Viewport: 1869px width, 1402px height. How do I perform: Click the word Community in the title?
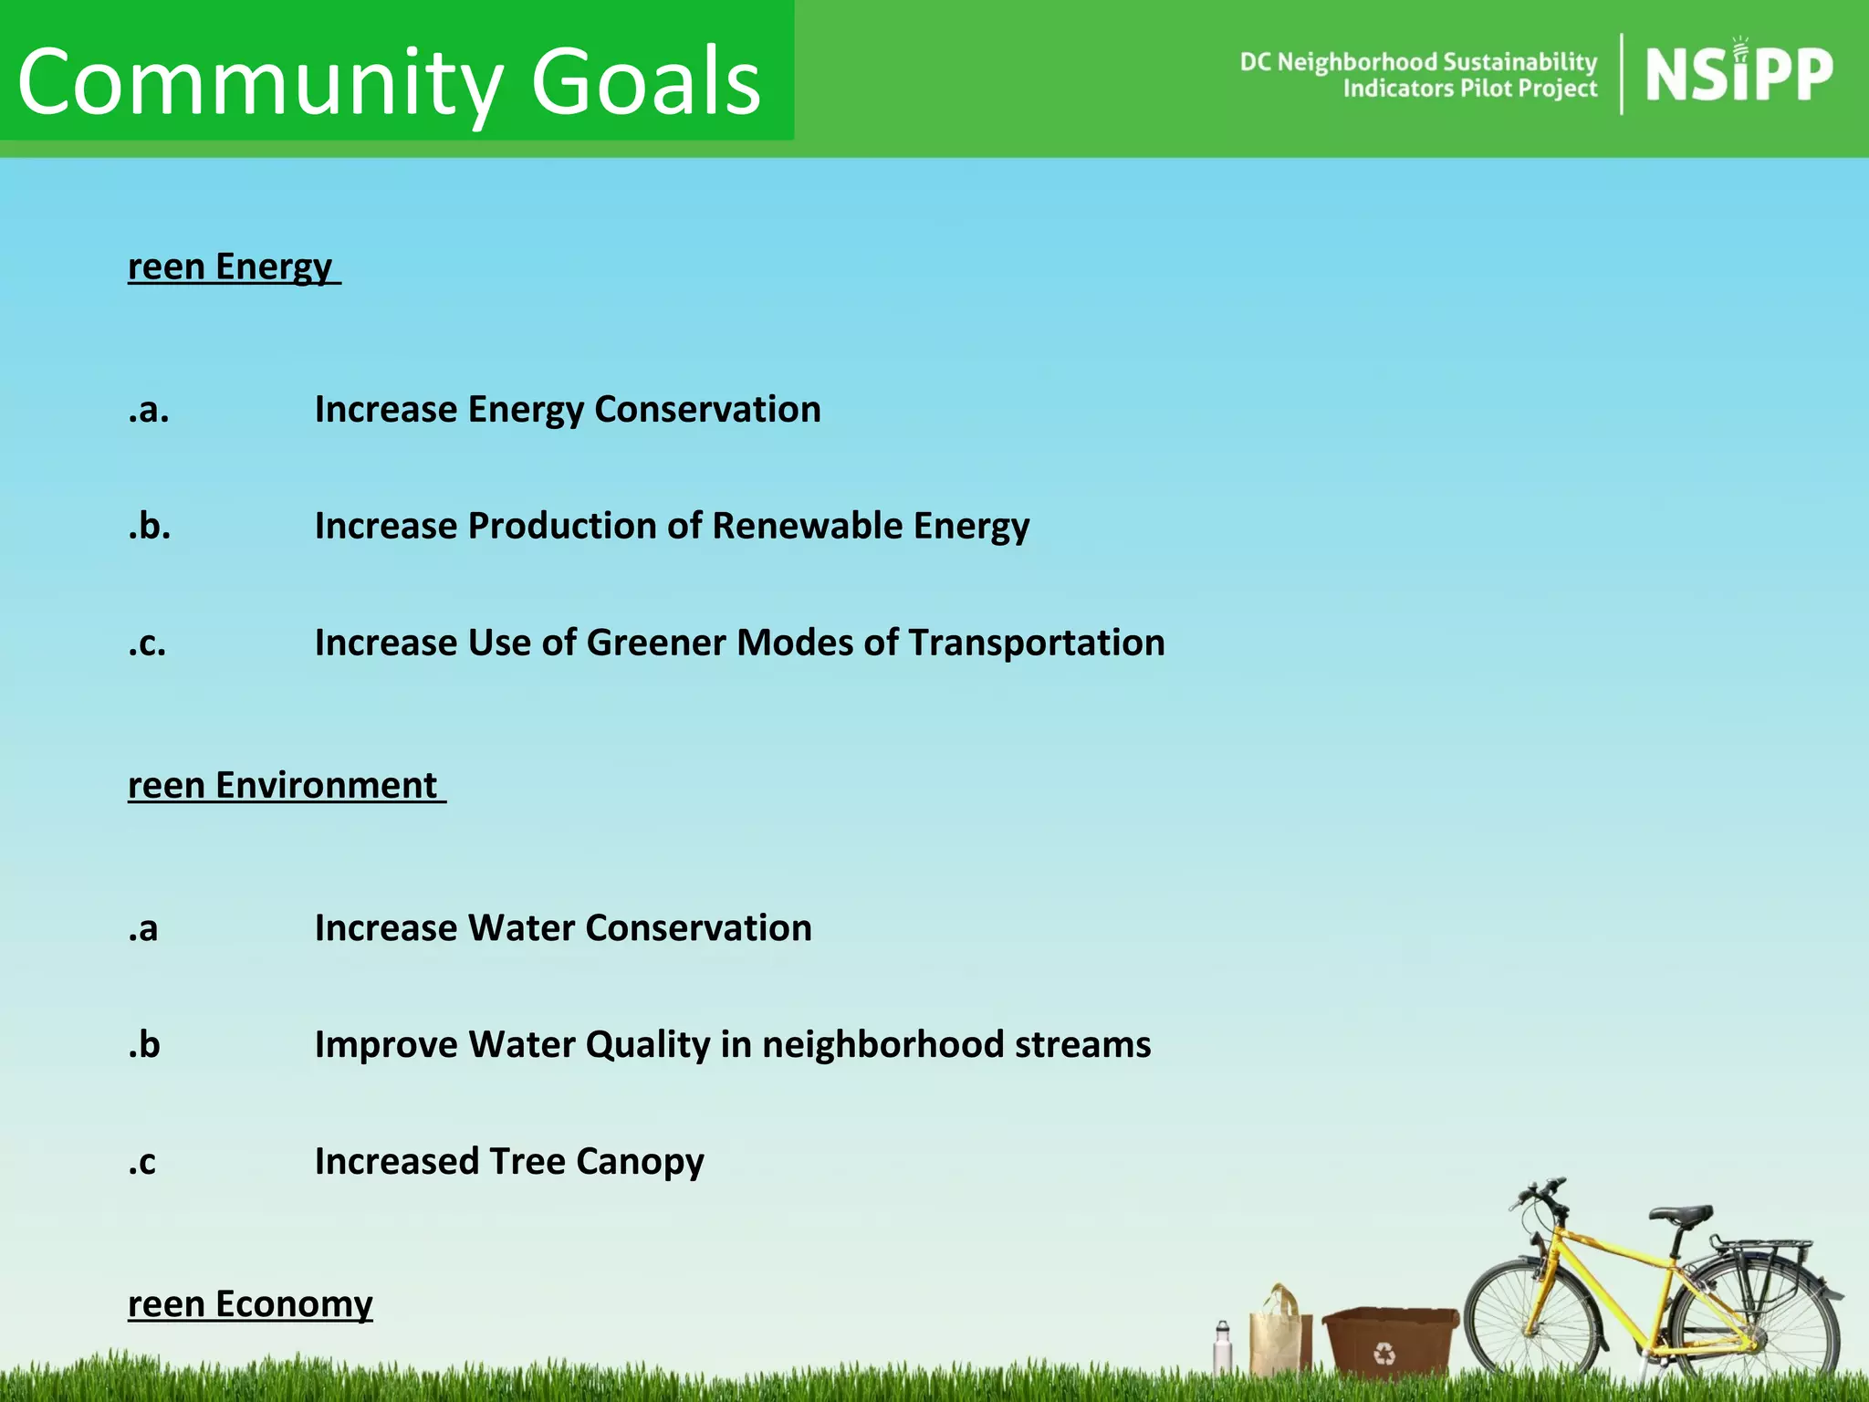coord(259,82)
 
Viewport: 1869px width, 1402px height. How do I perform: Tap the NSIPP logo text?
coord(1738,75)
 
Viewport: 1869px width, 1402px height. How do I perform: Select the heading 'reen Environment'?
coord(284,785)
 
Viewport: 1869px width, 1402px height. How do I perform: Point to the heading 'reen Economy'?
coord(250,1303)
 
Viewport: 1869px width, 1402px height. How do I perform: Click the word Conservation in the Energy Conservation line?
coord(707,409)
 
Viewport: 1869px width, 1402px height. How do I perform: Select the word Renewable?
coord(807,526)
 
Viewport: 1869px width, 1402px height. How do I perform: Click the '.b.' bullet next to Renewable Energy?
coord(149,526)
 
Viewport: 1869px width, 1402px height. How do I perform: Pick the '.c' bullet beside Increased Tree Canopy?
coord(142,1161)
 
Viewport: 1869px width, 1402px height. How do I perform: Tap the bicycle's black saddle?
coord(1680,1215)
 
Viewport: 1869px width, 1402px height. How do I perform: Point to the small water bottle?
coord(1223,1347)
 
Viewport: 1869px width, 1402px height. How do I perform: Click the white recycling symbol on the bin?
coord(1384,1353)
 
